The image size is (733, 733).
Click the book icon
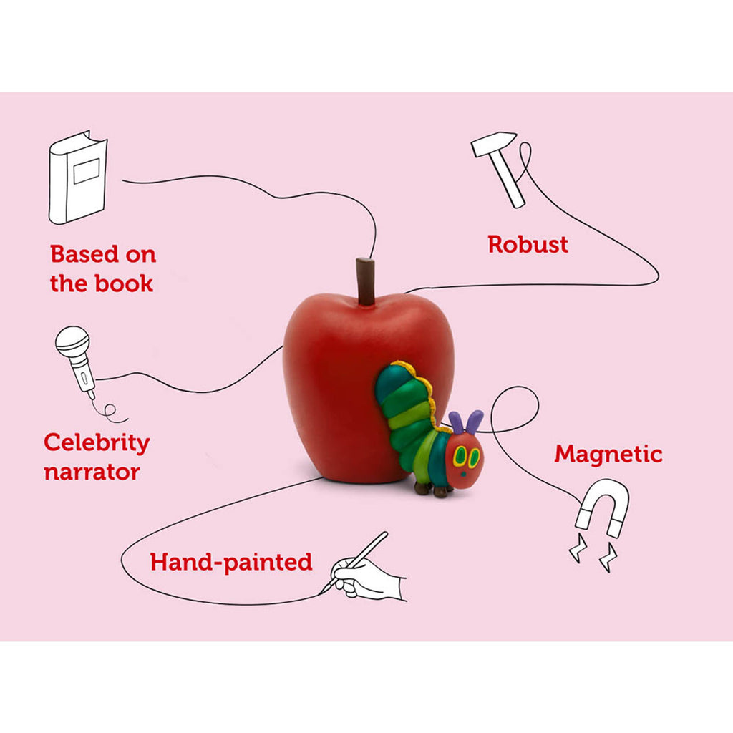click(x=78, y=178)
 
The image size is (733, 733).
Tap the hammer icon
click(x=498, y=169)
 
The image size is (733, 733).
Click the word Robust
click(x=528, y=245)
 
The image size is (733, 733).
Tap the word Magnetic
click(x=608, y=455)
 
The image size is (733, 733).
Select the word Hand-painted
click(x=231, y=563)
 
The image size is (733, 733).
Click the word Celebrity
click(x=97, y=443)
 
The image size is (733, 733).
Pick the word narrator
click(x=92, y=472)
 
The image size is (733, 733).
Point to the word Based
click(x=84, y=254)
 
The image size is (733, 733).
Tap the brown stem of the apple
click(x=365, y=281)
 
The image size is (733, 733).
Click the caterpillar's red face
click(x=464, y=461)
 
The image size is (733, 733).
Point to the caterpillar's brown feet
click(x=434, y=490)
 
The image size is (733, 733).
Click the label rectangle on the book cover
click(x=87, y=170)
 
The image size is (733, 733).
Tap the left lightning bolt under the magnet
click(x=578, y=548)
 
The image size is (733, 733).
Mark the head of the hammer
click(x=493, y=143)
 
